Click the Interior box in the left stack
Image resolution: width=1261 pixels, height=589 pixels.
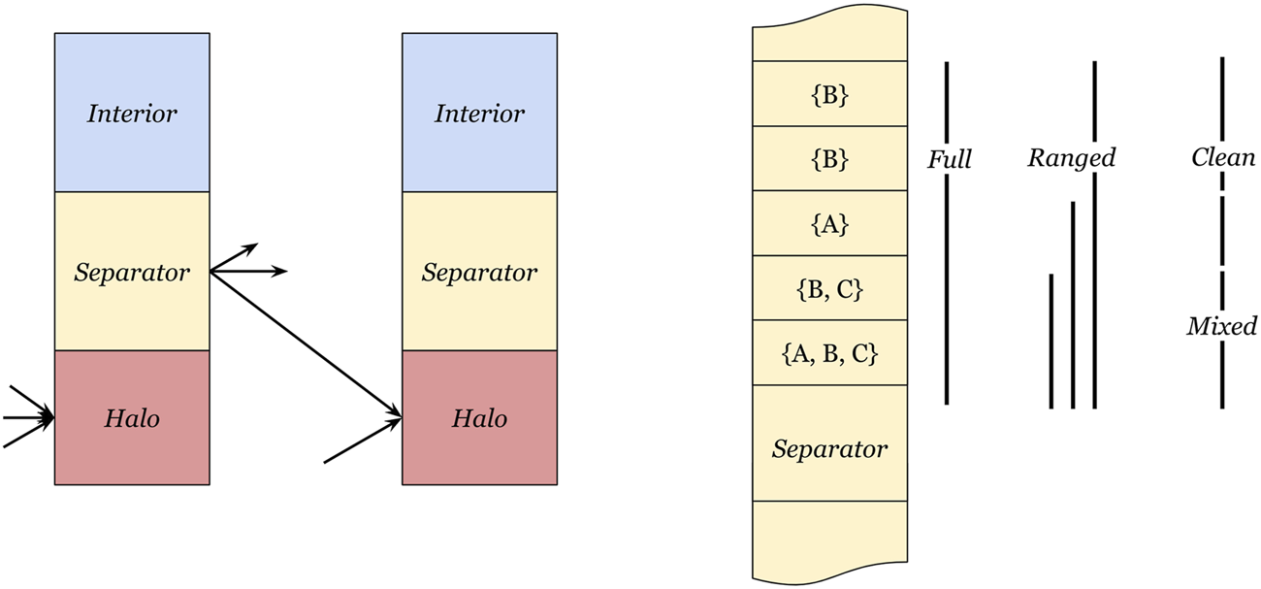click(132, 114)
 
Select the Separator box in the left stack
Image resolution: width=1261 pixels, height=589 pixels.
click(132, 272)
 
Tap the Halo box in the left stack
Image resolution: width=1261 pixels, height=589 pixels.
click(132, 418)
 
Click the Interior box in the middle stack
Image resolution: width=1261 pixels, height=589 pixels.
click(479, 114)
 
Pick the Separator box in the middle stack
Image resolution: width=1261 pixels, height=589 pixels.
click(479, 272)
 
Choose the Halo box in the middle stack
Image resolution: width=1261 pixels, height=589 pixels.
click(479, 418)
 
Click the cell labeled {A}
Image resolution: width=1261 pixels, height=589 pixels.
click(829, 224)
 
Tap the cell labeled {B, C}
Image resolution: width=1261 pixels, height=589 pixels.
click(829, 288)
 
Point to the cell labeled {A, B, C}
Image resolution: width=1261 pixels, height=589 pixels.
click(829, 353)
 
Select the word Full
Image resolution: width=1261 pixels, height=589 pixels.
click(949, 159)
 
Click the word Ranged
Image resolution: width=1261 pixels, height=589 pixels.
click(1071, 157)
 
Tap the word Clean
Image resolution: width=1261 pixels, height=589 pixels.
click(1223, 157)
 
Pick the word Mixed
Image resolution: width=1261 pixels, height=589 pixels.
click(1221, 326)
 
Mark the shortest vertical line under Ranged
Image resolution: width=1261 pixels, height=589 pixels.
click(1051, 340)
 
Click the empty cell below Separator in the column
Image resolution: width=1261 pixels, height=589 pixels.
click(829, 539)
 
